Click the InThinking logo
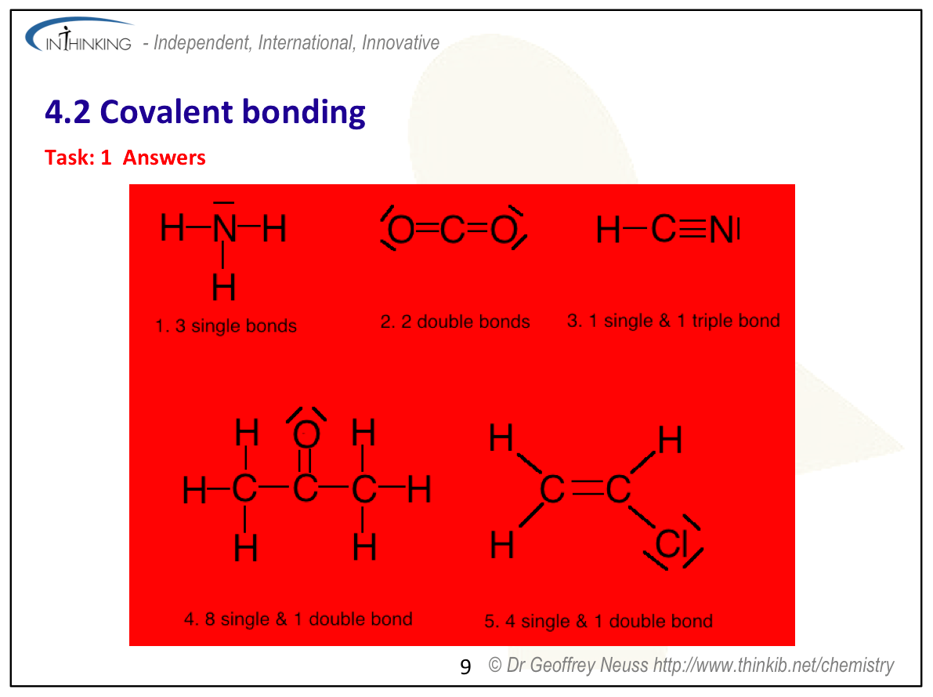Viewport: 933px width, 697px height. (78, 36)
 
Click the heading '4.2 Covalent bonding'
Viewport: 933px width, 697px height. (205, 112)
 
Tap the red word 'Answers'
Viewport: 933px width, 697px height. (165, 158)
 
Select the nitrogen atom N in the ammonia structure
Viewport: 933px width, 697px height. (224, 228)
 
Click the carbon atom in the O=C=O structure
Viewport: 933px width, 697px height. (453, 230)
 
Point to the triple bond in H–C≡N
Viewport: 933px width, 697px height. (693, 228)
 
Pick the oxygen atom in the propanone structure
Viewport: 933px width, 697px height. (306, 434)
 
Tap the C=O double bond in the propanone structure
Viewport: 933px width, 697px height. (306, 462)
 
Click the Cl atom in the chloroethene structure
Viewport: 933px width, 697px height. (672, 544)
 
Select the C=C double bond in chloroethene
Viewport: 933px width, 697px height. (588, 490)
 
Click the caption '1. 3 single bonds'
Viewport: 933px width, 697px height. (226, 326)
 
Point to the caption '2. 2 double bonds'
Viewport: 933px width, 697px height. (455, 321)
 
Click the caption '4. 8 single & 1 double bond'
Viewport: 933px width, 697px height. (298, 619)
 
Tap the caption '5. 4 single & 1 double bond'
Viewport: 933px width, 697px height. (598, 622)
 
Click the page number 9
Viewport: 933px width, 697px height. (465, 666)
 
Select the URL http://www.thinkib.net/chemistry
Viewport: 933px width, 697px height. (773, 665)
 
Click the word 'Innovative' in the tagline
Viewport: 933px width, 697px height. (400, 42)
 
